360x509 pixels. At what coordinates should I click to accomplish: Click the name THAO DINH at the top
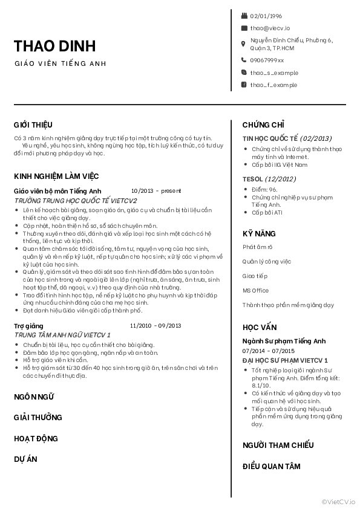[54, 46]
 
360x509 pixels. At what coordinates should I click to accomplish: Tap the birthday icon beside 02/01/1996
[244, 16]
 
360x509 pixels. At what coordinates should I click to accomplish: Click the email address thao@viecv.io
[270, 28]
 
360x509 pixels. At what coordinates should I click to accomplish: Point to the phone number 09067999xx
[267, 60]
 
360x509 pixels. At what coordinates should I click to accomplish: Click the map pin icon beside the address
[244, 44]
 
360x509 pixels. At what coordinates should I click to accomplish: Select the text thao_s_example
[273, 73]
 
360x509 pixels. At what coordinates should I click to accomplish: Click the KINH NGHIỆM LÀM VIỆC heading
[56, 176]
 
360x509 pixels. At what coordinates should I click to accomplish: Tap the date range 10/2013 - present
[155, 190]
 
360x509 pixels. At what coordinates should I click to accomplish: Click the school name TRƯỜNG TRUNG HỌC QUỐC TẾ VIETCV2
[76, 200]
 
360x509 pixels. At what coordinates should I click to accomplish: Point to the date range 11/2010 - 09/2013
[155, 326]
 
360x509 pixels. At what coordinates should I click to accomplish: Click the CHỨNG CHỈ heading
[263, 125]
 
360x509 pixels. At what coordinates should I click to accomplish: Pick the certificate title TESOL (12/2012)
[269, 179]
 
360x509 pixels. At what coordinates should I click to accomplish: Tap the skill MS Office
[255, 291]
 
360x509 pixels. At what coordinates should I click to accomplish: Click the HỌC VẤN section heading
[260, 327]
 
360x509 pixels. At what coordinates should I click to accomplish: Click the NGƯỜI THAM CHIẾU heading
[278, 446]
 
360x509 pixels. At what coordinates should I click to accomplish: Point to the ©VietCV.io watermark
[339, 501]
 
